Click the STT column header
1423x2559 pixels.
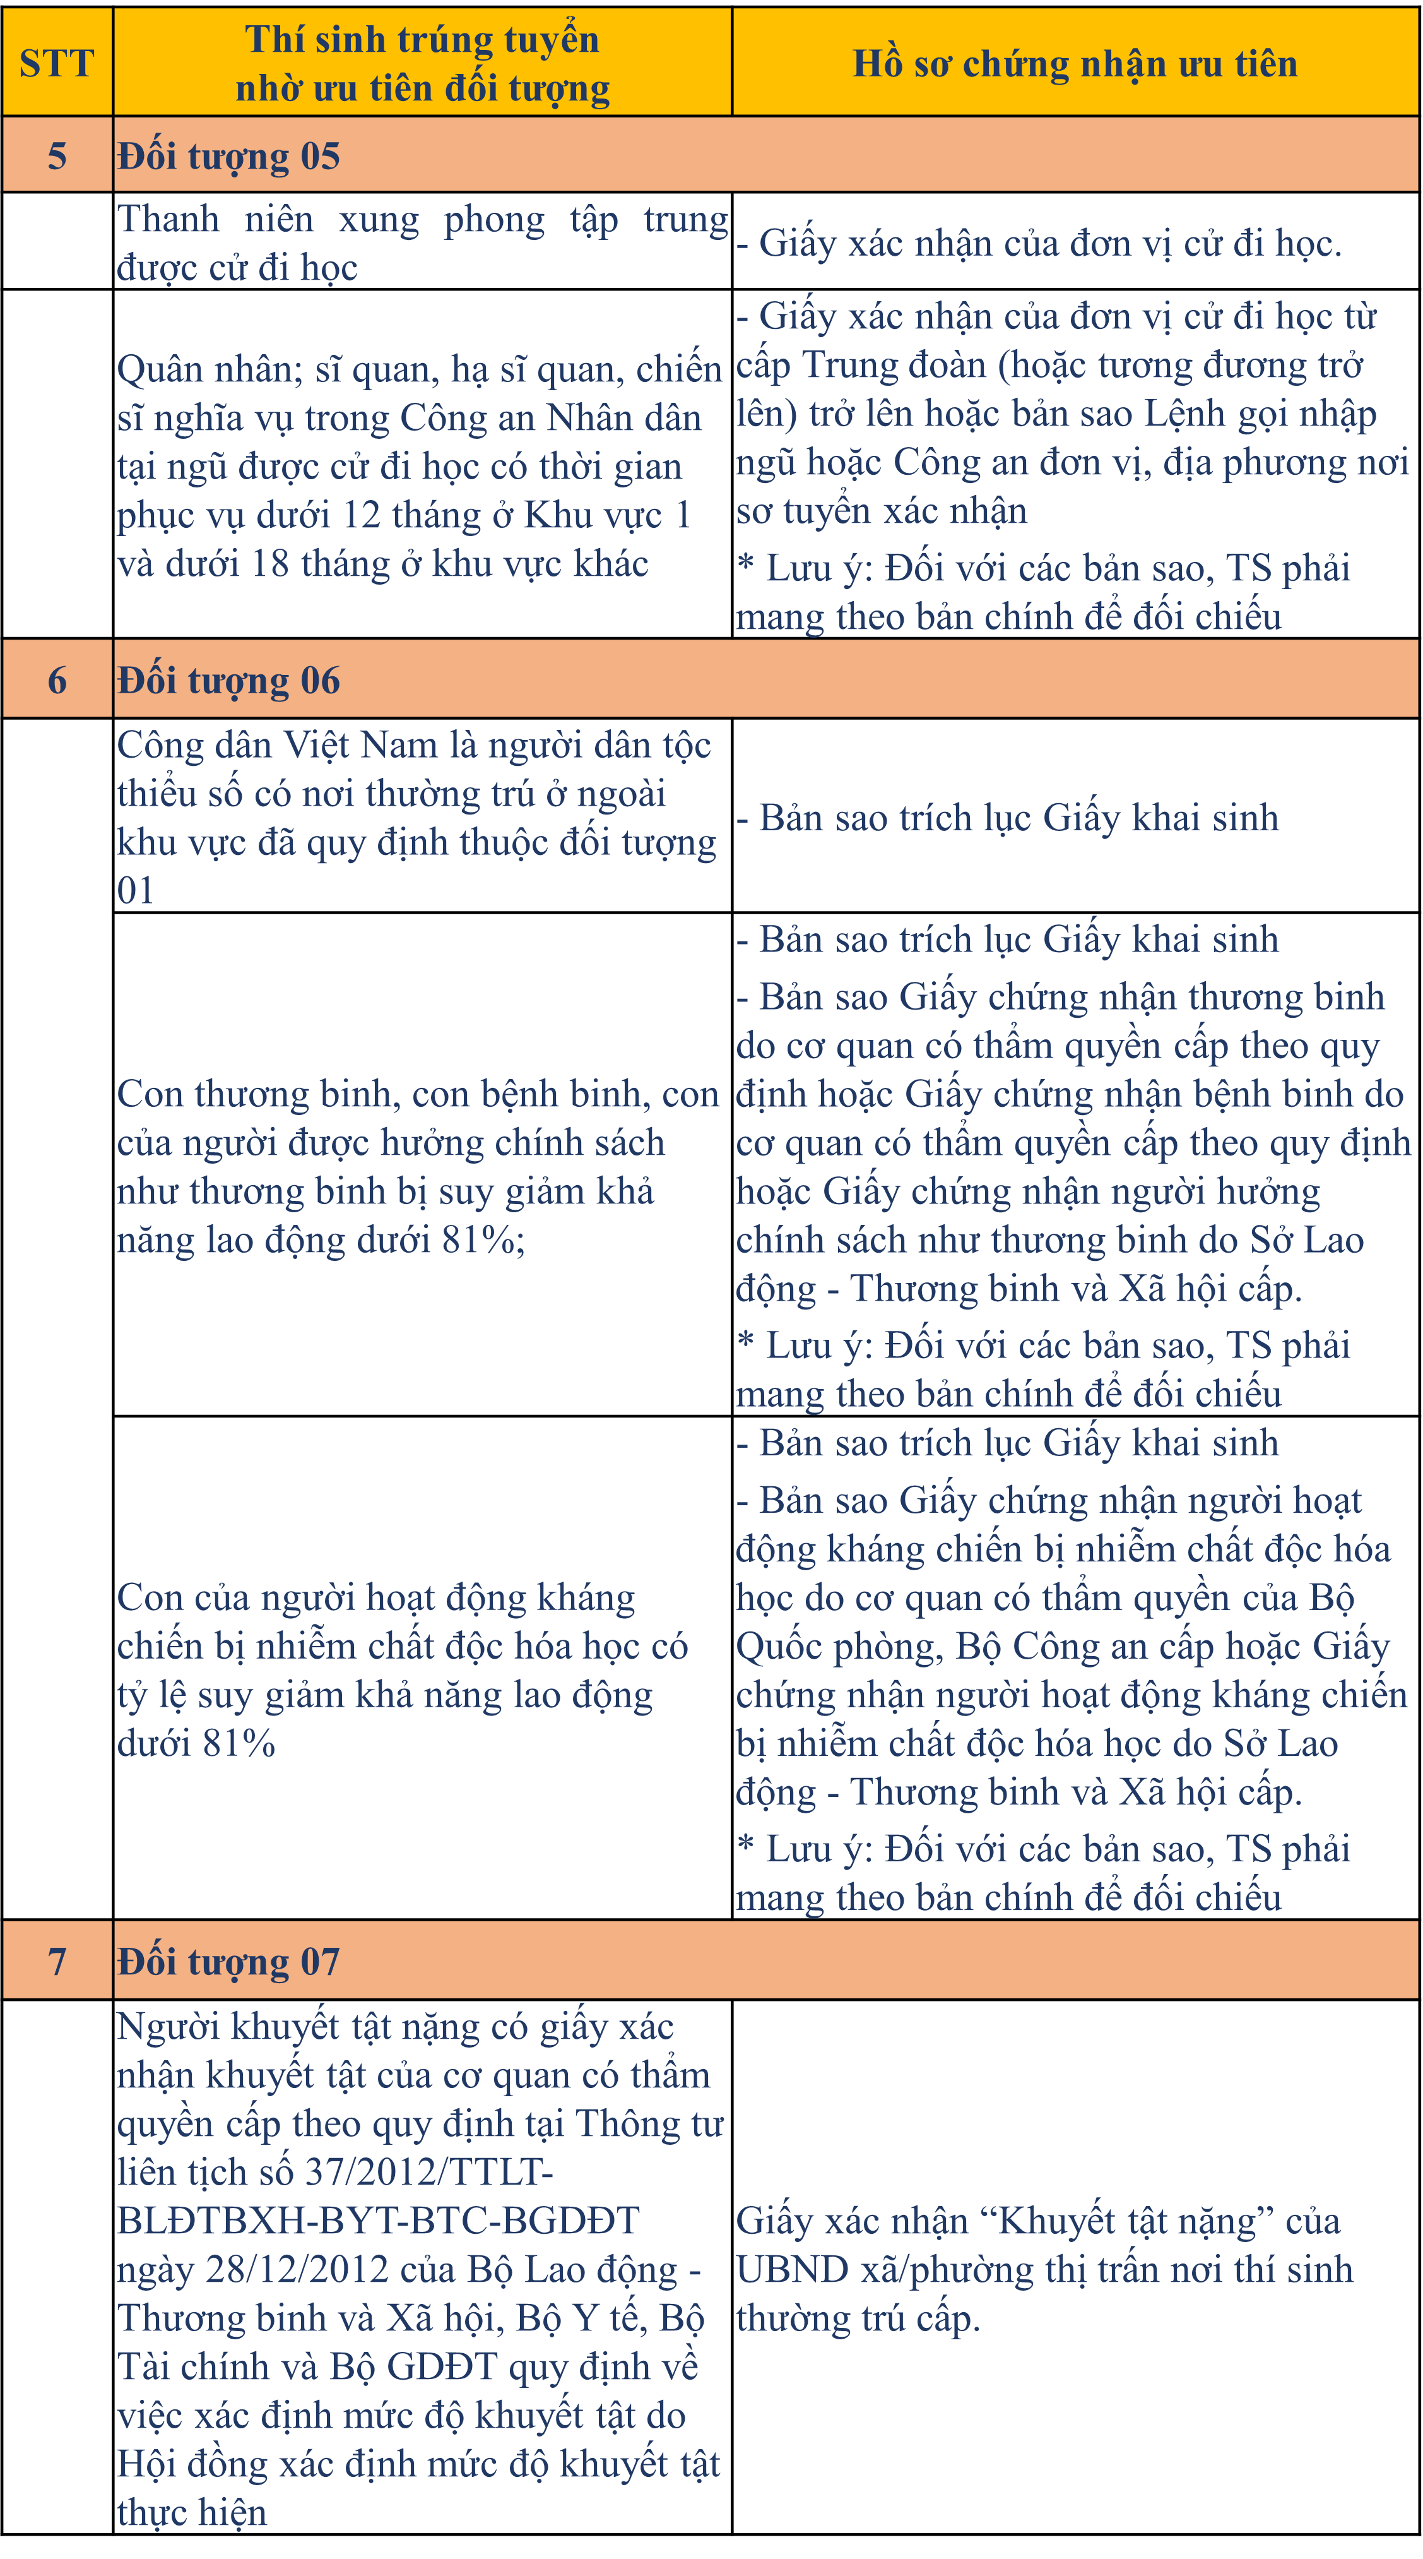(x=57, y=64)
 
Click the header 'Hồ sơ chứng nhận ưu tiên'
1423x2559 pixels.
(x=1075, y=64)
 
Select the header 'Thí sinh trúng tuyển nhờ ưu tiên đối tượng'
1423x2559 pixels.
(x=422, y=64)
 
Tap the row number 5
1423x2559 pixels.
(x=57, y=156)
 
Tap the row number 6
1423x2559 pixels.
(x=57, y=681)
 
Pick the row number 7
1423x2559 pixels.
(x=57, y=1961)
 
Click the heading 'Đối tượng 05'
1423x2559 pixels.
(x=228, y=156)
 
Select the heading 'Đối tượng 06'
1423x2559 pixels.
(x=228, y=681)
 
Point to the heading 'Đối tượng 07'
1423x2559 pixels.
(x=228, y=1961)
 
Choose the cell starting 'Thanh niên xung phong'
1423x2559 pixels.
(x=422, y=242)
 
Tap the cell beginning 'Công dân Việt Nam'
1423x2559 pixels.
(x=417, y=816)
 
